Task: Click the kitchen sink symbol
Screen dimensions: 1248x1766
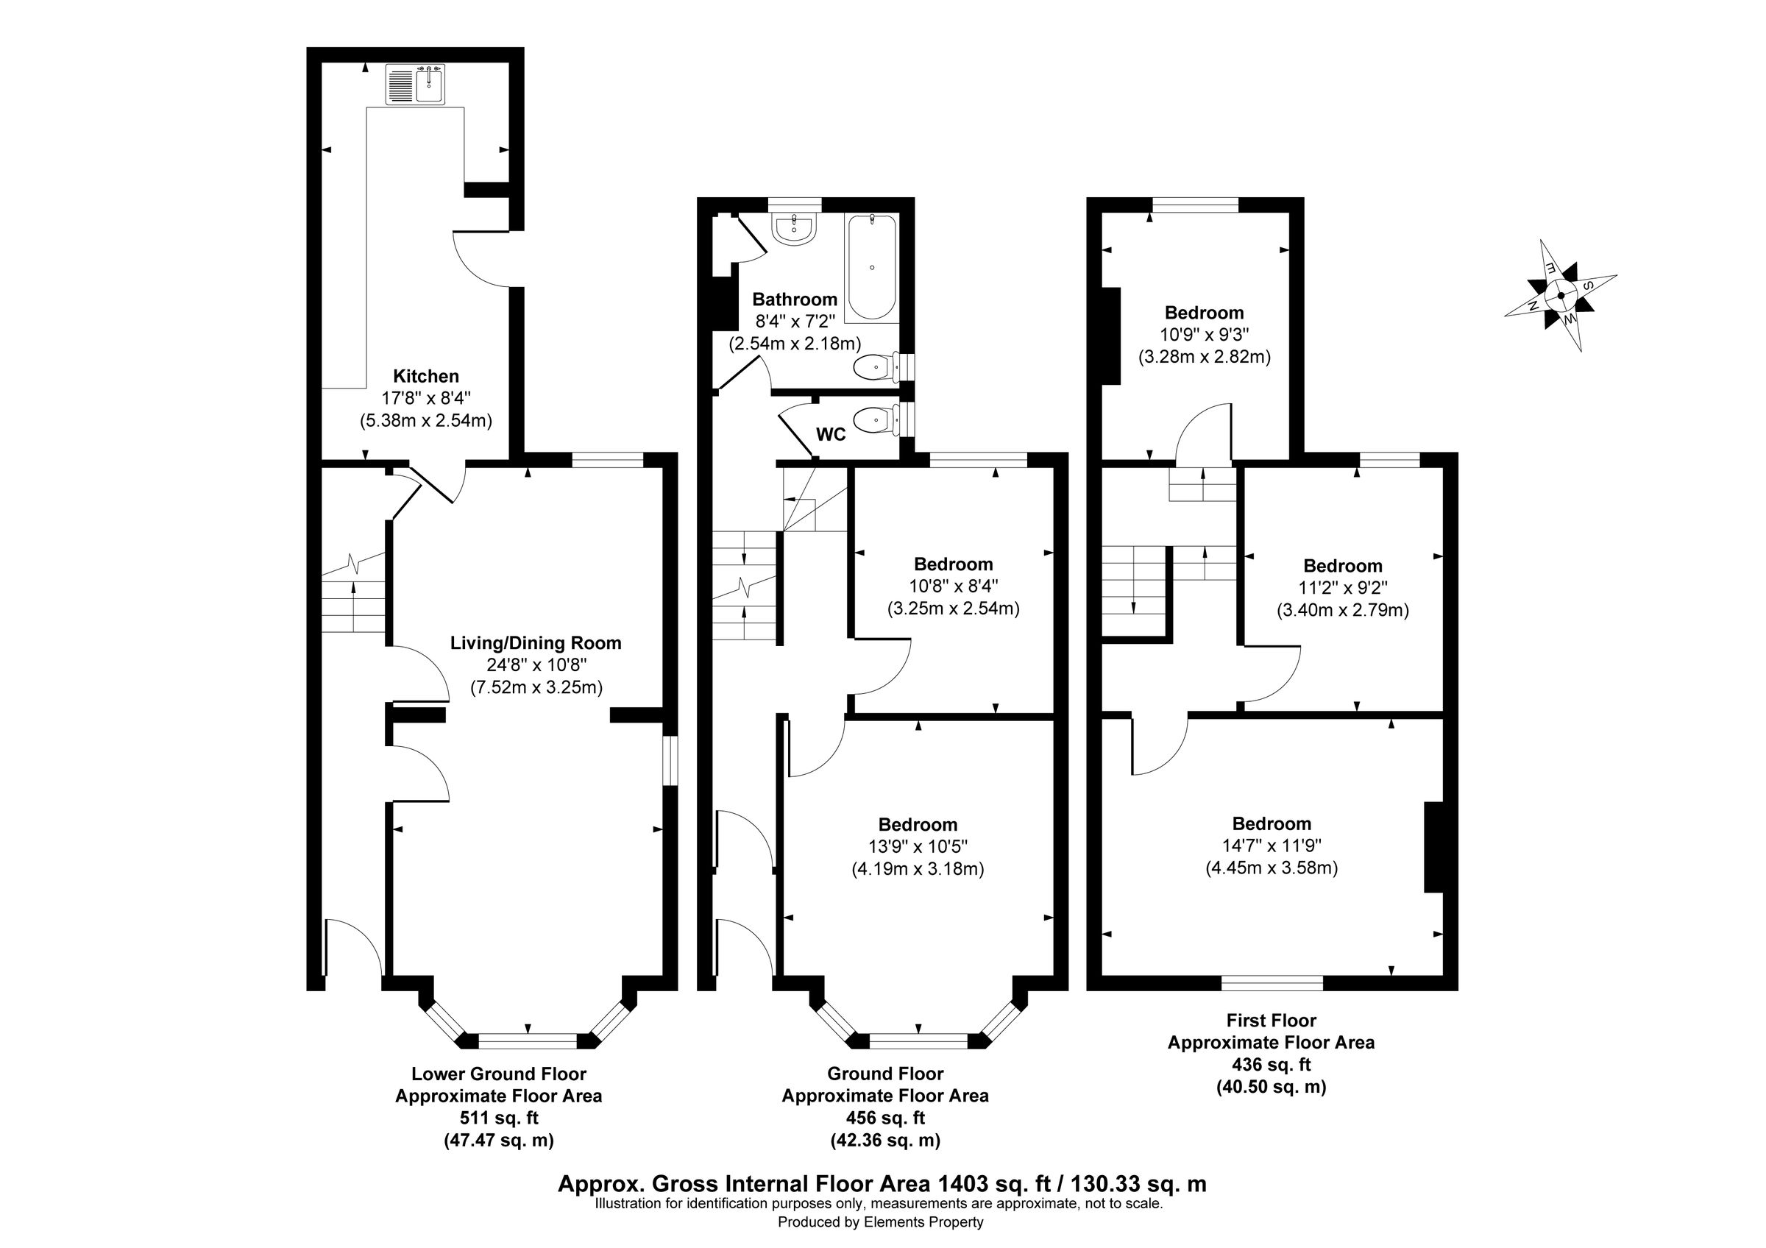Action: coord(415,85)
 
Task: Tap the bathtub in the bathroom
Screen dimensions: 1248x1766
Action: coord(871,268)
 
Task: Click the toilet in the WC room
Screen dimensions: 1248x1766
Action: coord(876,421)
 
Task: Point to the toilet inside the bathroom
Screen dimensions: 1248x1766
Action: coord(876,369)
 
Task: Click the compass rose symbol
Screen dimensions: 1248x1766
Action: coord(1561,295)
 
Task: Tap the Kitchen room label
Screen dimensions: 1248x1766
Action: coord(425,376)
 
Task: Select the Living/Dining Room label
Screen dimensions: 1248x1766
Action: coord(536,643)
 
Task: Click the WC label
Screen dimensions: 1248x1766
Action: coord(831,434)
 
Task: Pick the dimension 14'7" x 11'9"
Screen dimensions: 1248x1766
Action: coord(1272,845)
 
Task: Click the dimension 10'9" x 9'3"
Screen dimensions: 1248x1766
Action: coord(1204,335)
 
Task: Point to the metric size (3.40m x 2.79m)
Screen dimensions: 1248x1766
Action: coord(1342,611)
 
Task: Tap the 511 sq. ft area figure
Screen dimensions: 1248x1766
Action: coord(498,1118)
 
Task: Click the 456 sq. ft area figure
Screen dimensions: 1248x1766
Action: coord(885,1118)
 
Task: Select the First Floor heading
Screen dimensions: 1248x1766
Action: coord(1271,1021)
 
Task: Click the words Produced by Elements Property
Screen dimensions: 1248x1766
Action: coord(880,1222)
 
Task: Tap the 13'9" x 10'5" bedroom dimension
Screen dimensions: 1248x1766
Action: coord(918,847)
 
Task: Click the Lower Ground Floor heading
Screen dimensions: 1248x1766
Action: coord(498,1074)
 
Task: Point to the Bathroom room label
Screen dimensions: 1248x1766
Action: coord(795,299)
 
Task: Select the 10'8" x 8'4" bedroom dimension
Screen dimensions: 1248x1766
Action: coord(953,586)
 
